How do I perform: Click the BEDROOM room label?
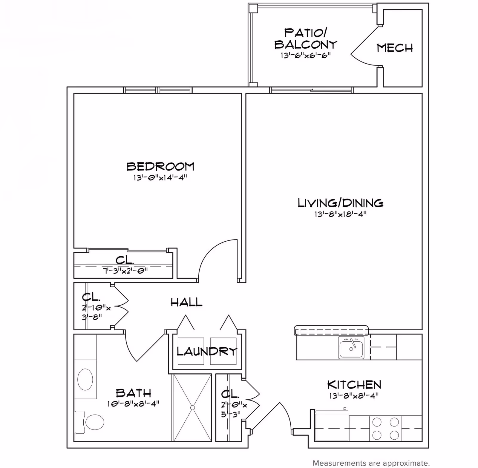[160, 167]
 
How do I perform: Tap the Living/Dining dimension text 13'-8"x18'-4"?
[340, 214]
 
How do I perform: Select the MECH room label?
[395, 48]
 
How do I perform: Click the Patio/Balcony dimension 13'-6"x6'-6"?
[305, 56]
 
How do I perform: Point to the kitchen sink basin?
[351, 348]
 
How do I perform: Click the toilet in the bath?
[93, 422]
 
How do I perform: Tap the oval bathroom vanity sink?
[85, 379]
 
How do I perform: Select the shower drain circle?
[192, 408]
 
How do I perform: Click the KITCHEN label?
[354, 385]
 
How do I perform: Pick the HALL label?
[186, 303]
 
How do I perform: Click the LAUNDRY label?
[207, 351]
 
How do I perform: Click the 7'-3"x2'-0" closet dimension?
[125, 271]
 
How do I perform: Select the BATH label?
[133, 393]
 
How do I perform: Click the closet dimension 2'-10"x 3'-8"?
[96, 312]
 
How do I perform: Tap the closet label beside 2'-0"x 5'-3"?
[230, 394]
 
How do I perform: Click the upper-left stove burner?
[377, 422]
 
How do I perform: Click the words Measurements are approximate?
[371, 463]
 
